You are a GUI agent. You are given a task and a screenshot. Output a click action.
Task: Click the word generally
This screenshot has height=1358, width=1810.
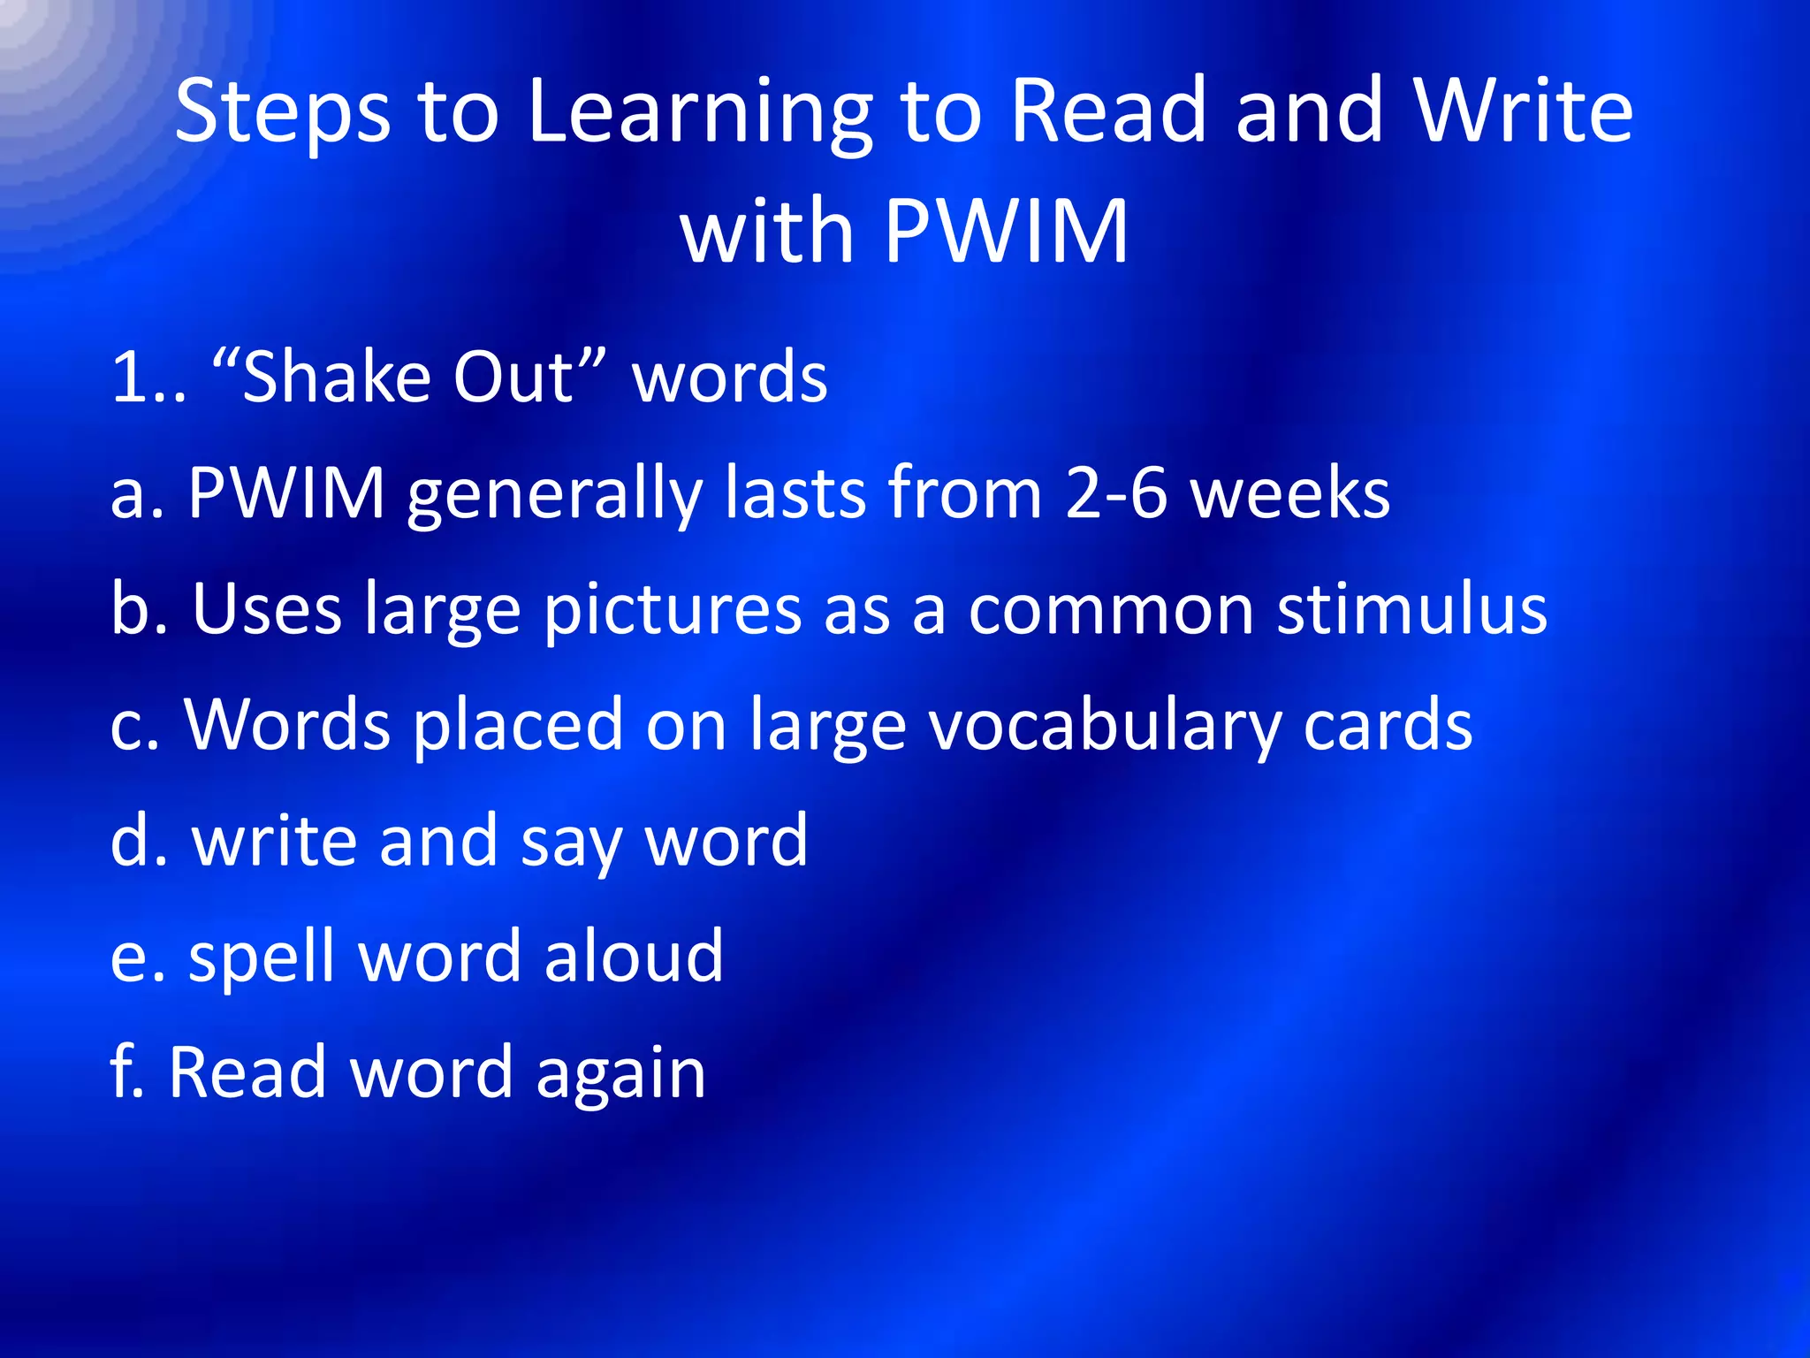tap(555, 495)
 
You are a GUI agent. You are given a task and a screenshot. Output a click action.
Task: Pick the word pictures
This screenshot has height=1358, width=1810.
tap(673, 610)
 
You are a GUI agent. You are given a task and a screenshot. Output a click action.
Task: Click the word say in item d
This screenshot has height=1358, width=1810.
tap(572, 843)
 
